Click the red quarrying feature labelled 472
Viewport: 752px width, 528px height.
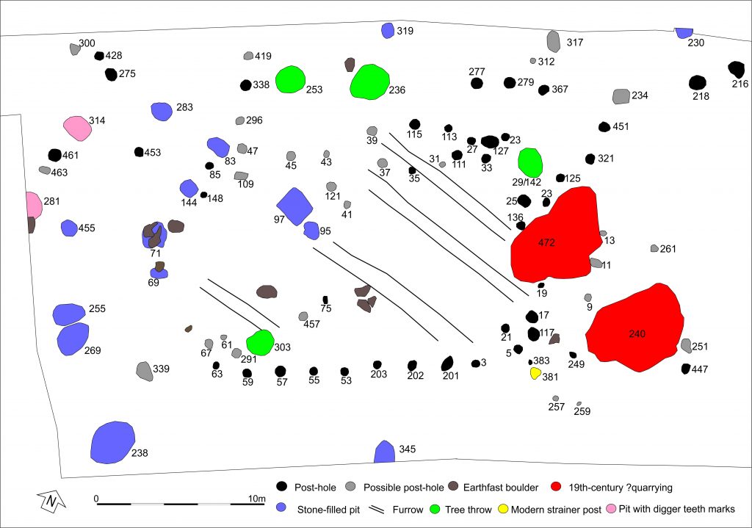click(x=557, y=235)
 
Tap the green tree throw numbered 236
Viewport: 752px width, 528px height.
click(x=369, y=81)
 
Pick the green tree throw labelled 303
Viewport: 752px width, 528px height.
click(x=260, y=343)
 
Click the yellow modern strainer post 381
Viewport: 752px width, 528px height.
click(x=536, y=373)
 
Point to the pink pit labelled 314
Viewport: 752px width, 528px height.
click(x=76, y=128)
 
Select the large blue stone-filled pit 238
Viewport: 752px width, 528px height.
click(x=112, y=442)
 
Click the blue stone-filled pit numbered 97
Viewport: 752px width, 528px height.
click(x=294, y=206)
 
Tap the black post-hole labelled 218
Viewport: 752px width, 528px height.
click(x=698, y=83)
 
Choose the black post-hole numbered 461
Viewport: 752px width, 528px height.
click(x=54, y=155)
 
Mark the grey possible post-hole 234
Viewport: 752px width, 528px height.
click(x=621, y=96)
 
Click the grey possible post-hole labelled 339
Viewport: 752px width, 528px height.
click(x=145, y=371)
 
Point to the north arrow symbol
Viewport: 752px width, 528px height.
click(x=51, y=502)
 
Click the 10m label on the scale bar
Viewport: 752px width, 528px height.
click(x=256, y=499)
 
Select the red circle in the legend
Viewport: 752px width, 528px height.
click(x=556, y=486)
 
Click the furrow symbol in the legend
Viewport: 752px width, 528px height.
click(x=377, y=508)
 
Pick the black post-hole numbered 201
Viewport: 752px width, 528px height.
click(x=446, y=364)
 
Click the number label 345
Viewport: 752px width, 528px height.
click(x=407, y=448)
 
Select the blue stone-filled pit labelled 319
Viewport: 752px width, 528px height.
click(x=388, y=31)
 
